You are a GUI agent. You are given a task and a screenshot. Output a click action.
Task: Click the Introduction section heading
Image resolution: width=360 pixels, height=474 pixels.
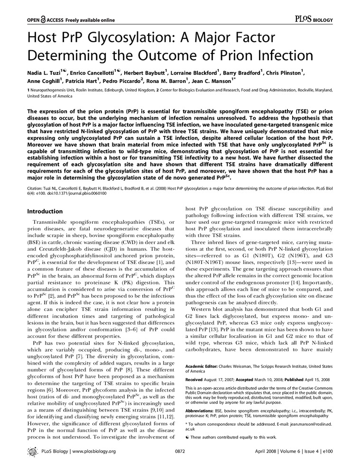click(x=48, y=211)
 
